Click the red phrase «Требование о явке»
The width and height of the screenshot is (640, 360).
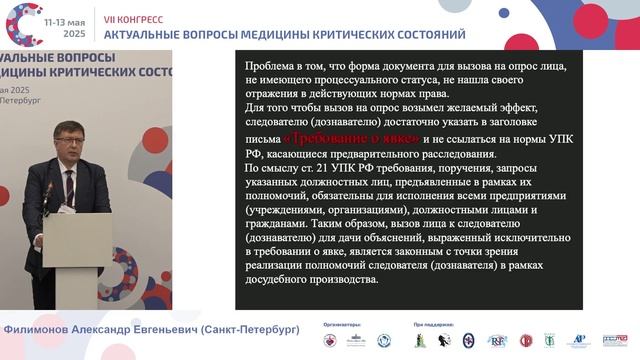pos(338,139)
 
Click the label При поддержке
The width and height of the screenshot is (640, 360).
pos(432,326)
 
